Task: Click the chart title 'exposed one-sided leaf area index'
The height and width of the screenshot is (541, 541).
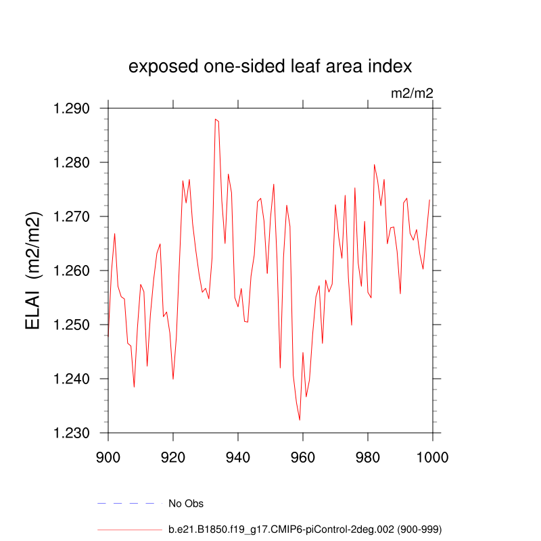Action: tap(270, 67)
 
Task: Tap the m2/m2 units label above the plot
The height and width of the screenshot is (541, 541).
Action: tap(412, 93)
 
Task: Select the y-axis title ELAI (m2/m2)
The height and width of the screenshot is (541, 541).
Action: tap(34, 270)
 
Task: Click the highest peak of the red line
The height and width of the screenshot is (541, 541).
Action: tap(215, 119)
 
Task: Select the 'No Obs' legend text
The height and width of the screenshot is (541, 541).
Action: tap(186, 503)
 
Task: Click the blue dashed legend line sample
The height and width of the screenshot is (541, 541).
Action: tap(130, 503)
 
